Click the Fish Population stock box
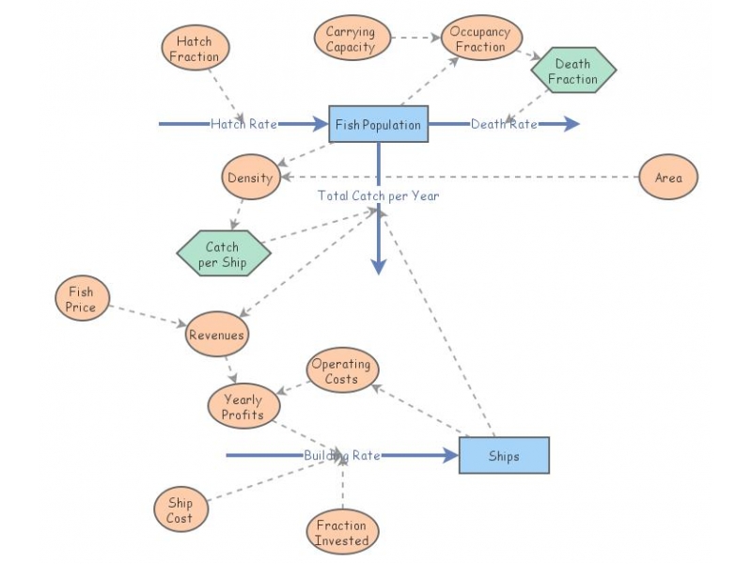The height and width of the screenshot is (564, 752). click(x=378, y=124)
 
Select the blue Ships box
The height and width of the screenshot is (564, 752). click(x=503, y=456)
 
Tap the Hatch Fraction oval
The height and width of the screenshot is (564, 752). click(x=195, y=49)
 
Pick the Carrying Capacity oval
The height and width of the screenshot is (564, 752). click(x=350, y=39)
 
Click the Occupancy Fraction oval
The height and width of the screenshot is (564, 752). click(x=480, y=39)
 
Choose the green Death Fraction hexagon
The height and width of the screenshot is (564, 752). click(x=572, y=71)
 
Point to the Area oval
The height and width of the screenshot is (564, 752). click(x=668, y=178)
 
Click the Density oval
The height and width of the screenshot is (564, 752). click(x=250, y=178)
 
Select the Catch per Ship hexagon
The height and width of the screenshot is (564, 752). click(x=223, y=254)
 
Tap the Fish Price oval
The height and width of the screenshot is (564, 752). click(x=81, y=299)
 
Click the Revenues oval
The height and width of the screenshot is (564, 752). click(x=216, y=335)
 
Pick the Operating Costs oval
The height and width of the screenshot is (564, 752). click(x=341, y=371)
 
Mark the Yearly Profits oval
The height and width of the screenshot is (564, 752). click(x=243, y=406)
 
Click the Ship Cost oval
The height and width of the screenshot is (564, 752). click(x=180, y=509)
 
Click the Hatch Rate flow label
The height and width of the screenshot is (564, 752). click(x=243, y=124)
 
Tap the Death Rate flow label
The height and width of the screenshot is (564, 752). click(x=504, y=124)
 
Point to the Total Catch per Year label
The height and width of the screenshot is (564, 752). click(x=378, y=196)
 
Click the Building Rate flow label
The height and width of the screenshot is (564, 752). click(x=342, y=456)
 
